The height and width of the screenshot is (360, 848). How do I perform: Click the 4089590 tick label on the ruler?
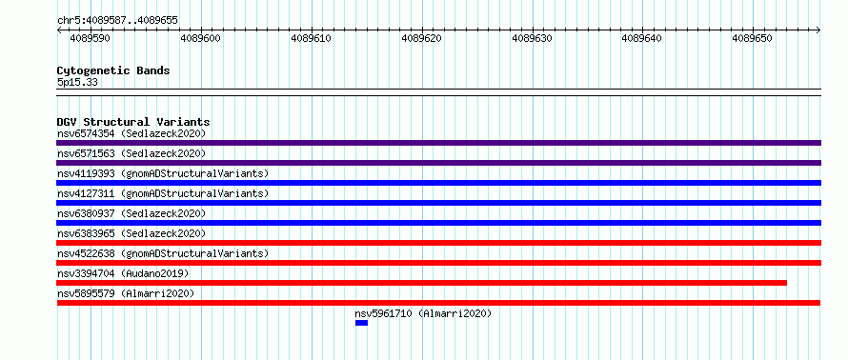coord(91,38)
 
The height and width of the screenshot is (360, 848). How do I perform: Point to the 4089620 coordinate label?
coord(422,38)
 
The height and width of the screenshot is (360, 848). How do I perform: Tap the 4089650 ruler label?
coord(753,38)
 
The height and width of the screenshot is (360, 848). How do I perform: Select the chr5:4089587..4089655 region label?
coord(117,21)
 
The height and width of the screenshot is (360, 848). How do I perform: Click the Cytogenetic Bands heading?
coord(113,70)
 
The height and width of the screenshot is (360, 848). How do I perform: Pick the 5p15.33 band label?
coord(77,83)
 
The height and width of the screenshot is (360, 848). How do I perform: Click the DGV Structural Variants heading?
coord(133,122)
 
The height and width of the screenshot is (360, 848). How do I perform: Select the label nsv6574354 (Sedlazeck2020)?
coord(131,133)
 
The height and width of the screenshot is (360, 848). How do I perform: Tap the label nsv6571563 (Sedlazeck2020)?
coord(131,153)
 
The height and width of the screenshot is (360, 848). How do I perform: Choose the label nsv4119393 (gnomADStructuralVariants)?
coord(163,173)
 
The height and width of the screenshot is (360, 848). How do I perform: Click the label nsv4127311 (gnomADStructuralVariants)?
coord(163,193)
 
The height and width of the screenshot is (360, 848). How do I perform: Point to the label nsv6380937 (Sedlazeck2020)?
coord(131,213)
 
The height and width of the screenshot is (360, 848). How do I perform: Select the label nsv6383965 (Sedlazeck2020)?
coord(131,233)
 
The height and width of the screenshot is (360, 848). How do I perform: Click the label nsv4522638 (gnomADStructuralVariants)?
coord(163,253)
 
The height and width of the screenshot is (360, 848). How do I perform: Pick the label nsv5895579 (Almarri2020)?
coord(126,293)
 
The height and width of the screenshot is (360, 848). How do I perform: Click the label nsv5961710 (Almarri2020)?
coord(423,313)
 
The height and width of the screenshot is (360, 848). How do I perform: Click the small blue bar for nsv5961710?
coord(361,323)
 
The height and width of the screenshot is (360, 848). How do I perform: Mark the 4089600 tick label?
coord(201,38)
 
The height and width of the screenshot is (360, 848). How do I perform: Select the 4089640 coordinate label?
coord(642,38)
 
